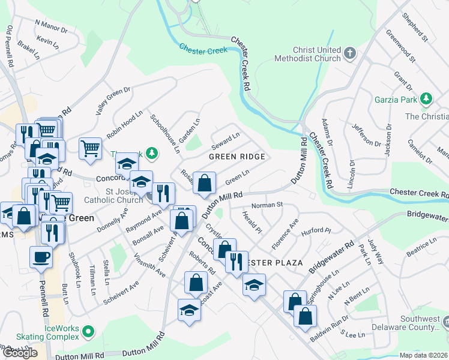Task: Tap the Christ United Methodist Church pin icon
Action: (350, 55)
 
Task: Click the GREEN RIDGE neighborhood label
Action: (237, 157)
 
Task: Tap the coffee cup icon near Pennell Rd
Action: (41, 256)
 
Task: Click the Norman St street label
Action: (267, 205)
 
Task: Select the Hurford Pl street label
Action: (316, 230)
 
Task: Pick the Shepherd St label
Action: (415, 28)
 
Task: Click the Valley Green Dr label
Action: (113, 101)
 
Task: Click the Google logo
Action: (20, 353)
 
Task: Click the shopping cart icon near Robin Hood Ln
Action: (90, 148)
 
